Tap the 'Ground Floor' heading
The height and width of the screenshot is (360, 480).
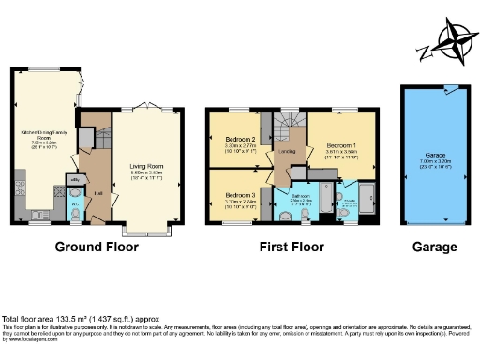coord(97,247)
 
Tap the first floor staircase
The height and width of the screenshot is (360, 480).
coord(288,122)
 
